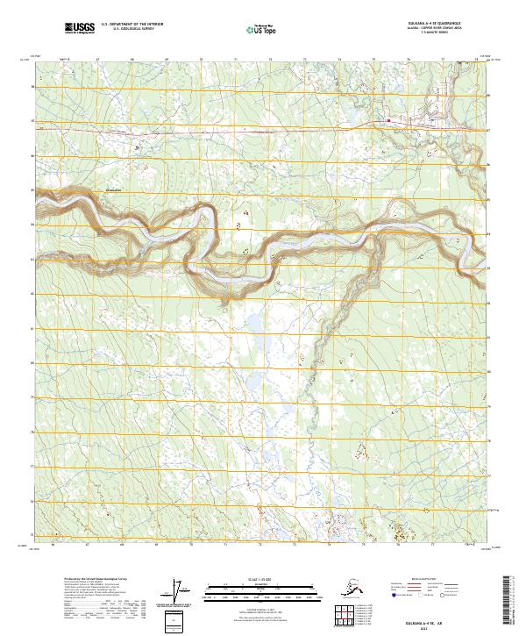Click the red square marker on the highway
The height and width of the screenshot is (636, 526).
[388, 121]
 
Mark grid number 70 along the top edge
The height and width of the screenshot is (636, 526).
[201, 59]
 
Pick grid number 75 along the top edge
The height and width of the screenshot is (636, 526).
[373, 59]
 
